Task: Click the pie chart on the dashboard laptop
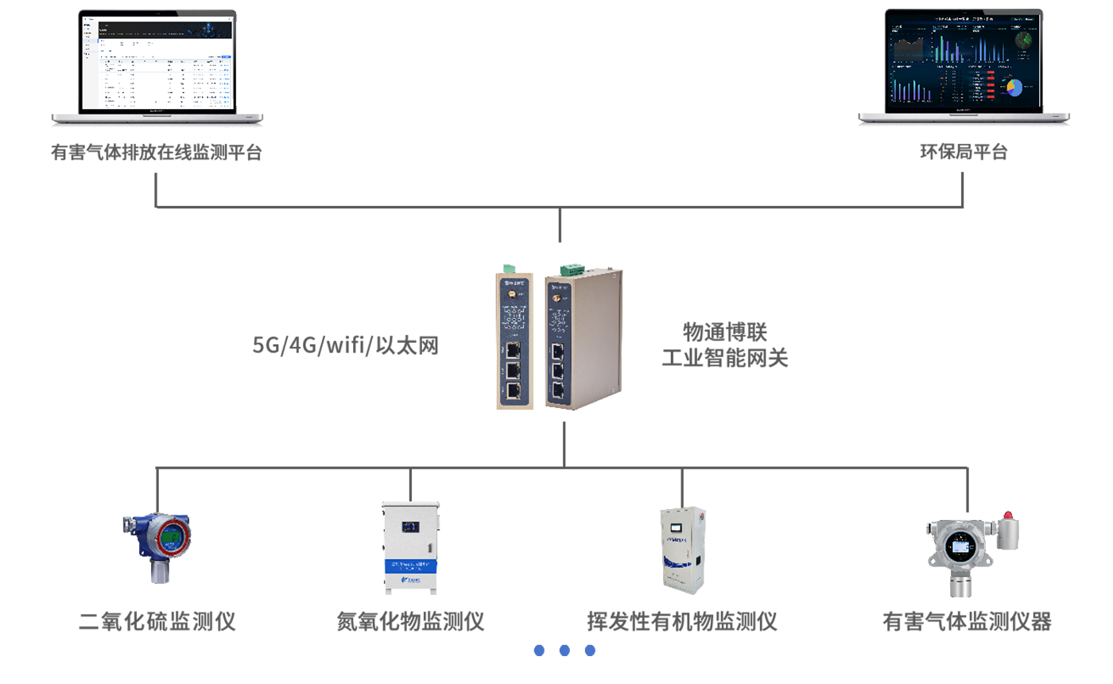1014,87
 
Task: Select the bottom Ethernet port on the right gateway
559,390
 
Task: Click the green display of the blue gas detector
170,538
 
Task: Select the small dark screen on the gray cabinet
411,527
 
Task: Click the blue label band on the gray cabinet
410,565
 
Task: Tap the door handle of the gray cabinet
430,548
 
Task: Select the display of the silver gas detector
962,546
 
